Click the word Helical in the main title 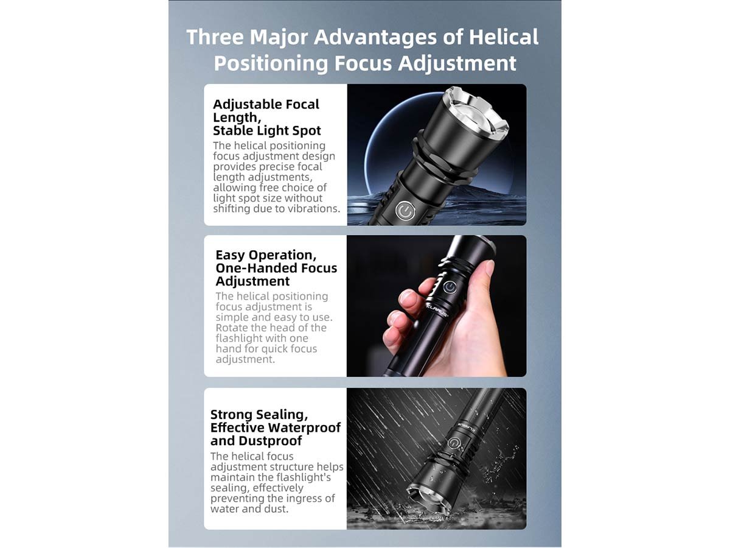tap(504, 37)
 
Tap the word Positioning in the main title tap(271, 63)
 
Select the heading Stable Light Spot tap(266, 131)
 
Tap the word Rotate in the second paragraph tap(232, 328)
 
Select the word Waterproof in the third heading tap(304, 427)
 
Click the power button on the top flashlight tap(405, 211)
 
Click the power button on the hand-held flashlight tap(450, 287)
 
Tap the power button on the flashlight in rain tap(453, 443)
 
